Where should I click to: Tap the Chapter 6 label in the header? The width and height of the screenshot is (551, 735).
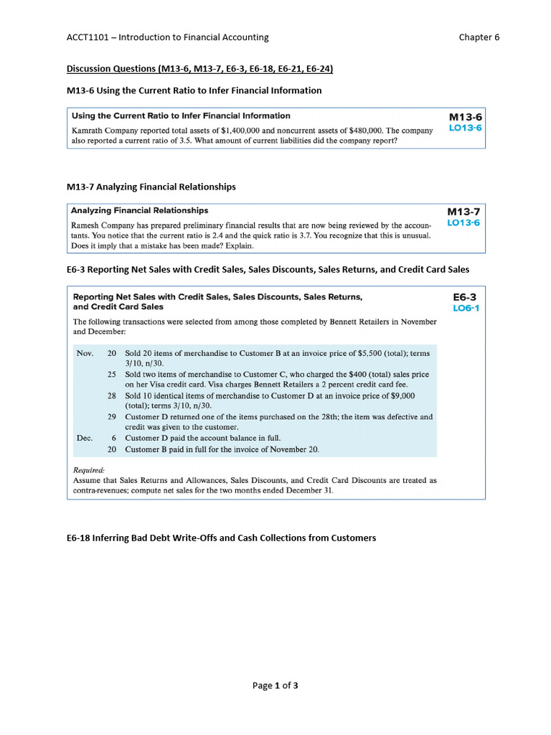pyautogui.click(x=479, y=37)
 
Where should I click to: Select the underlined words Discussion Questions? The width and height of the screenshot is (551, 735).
pyautogui.click(x=110, y=69)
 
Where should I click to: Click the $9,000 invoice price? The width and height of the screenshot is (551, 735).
pyautogui.click(x=400, y=395)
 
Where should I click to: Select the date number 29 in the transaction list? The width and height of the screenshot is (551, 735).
pyautogui.click(x=112, y=416)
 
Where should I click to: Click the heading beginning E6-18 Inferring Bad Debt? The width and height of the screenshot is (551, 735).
pyautogui.click(x=221, y=538)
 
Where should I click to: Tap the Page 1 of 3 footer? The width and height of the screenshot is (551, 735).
pyautogui.click(x=275, y=685)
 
